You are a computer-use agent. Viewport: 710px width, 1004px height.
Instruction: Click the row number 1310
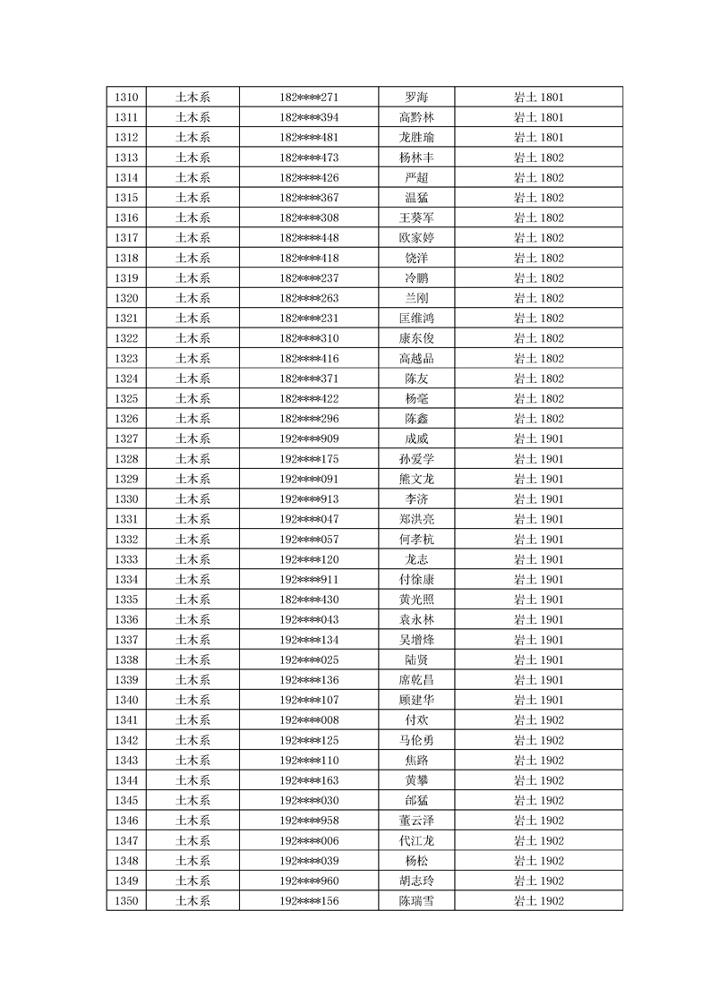(x=127, y=98)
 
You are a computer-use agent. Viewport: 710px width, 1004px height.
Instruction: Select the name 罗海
(x=416, y=98)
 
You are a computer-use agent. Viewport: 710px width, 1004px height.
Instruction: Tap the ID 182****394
(x=309, y=117)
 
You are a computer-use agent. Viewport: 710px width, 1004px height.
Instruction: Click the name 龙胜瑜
(x=416, y=138)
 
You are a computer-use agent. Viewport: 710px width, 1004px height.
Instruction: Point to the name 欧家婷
(x=416, y=238)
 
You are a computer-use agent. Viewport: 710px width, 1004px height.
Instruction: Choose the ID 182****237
(x=309, y=278)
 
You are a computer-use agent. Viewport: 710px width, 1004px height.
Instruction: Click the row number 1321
(x=127, y=319)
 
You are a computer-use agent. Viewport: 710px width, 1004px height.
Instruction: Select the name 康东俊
(x=416, y=338)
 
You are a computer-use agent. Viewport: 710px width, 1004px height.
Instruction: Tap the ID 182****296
(x=309, y=419)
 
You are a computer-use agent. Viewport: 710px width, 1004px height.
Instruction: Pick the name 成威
(x=416, y=438)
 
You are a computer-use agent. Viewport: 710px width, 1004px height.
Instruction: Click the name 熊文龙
(x=416, y=479)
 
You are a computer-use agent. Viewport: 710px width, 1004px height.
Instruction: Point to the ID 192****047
(x=309, y=519)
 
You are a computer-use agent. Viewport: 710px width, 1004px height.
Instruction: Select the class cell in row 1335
(x=538, y=600)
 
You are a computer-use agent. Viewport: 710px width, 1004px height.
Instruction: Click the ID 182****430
(x=309, y=600)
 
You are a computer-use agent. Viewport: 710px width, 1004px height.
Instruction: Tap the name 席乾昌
(x=416, y=680)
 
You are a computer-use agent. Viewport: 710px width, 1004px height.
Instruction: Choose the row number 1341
(x=127, y=719)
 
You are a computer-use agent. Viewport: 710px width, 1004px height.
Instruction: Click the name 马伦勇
(x=416, y=740)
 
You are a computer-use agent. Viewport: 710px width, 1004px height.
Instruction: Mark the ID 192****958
(x=309, y=821)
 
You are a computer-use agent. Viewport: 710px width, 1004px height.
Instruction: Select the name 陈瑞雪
(x=416, y=901)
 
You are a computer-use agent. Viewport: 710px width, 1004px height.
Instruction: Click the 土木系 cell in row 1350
(x=192, y=901)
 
